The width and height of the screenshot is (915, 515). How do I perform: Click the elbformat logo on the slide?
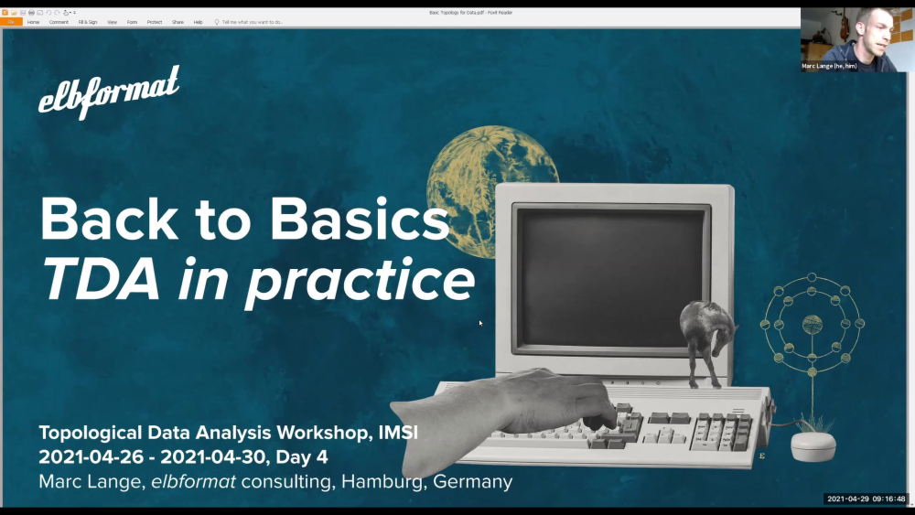[108, 93]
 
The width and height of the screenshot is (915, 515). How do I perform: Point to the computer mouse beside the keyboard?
[813, 446]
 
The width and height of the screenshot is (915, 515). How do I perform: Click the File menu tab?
[11, 22]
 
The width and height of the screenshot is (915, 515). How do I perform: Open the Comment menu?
[59, 22]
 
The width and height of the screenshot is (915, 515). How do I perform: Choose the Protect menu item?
[155, 22]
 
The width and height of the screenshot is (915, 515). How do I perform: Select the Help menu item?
[198, 22]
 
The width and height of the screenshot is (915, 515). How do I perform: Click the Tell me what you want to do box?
[252, 22]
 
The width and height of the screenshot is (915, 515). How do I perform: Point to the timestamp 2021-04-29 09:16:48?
[866, 499]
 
